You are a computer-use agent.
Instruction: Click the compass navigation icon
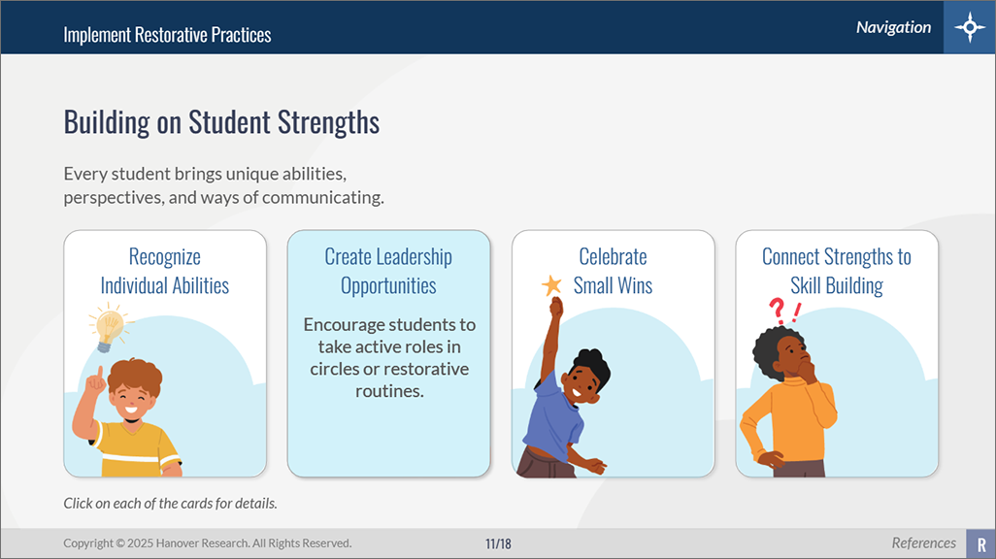point(970,27)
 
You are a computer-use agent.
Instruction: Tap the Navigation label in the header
point(893,27)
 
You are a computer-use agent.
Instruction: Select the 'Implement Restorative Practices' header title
point(167,34)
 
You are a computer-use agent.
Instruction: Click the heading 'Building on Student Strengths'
point(221,121)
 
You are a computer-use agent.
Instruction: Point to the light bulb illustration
point(108,327)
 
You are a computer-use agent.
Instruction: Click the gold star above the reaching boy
point(551,285)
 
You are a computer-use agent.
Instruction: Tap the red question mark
point(777,312)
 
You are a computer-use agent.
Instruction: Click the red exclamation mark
point(795,312)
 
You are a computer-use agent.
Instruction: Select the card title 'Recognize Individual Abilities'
point(164,271)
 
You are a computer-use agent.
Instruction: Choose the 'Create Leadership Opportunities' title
point(388,271)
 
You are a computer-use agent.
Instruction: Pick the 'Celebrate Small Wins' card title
point(613,271)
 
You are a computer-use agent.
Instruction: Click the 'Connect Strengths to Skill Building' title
point(837,271)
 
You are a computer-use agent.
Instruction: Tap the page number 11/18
point(498,543)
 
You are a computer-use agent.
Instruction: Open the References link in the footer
point(923,543)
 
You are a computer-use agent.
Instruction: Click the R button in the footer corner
point(980,543)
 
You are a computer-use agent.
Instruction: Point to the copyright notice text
point(207,543)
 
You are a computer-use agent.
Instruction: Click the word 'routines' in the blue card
point(389,391)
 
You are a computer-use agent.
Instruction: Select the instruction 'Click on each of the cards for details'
point(170,503)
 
